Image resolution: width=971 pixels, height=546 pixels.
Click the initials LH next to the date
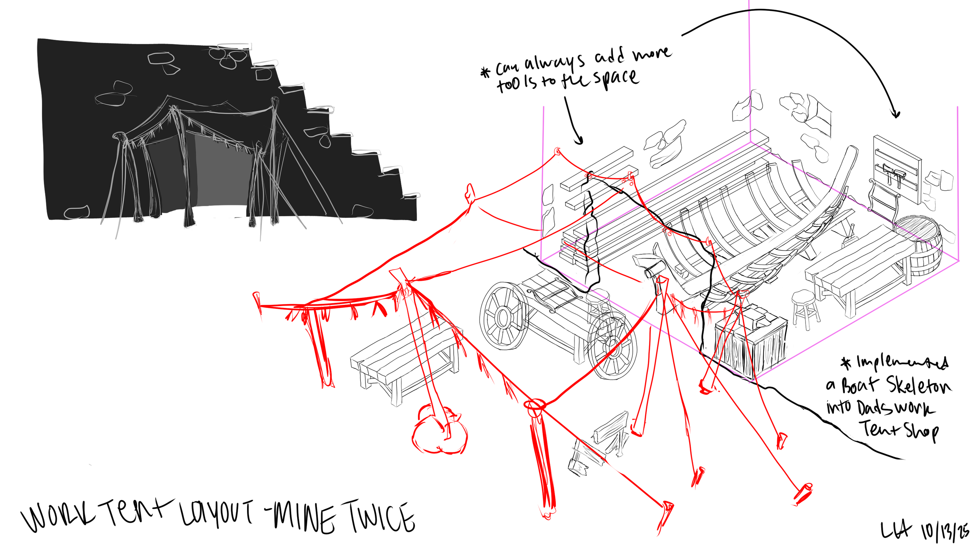[895, 529]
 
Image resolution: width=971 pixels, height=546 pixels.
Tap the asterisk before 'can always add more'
[485, 72]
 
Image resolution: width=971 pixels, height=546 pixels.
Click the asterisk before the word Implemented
[846, 363]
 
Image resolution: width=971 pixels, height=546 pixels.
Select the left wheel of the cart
[504, 316]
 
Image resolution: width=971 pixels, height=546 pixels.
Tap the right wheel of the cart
[613, 346]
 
